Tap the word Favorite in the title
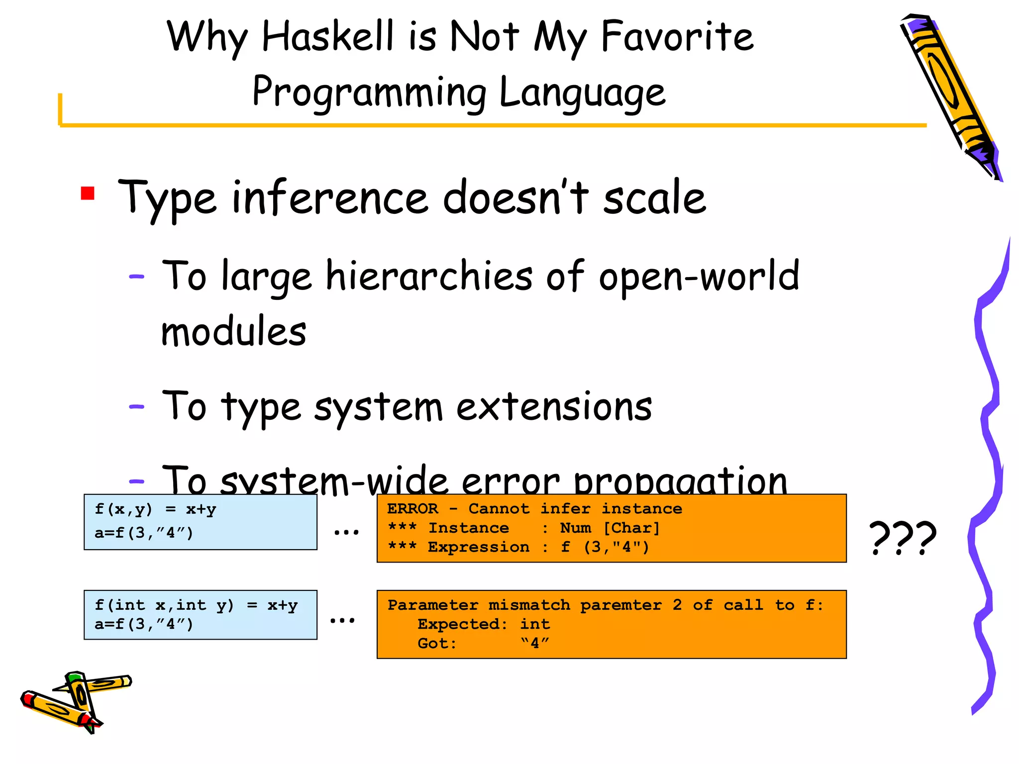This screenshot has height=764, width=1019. click(677, 37)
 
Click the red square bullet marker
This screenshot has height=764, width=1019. click(88, 193)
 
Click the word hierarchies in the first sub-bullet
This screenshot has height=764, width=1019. click(429, 276)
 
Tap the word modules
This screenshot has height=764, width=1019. click(233, 332)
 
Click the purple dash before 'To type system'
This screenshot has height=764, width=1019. click(136, 407)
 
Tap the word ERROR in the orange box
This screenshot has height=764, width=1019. click(412, 509)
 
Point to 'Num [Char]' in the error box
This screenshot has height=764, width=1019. click(610, 528)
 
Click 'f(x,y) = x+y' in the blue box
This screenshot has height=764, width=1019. click(155, 509)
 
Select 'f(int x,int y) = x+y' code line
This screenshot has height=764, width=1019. click(196, 605)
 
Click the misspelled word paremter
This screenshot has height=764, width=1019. click(621, 605)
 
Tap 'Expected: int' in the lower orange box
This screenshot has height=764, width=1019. click(483, 624)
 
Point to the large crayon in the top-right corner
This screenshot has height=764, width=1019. click(950, 95)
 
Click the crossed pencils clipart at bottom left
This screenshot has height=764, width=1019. click(75, 701)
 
